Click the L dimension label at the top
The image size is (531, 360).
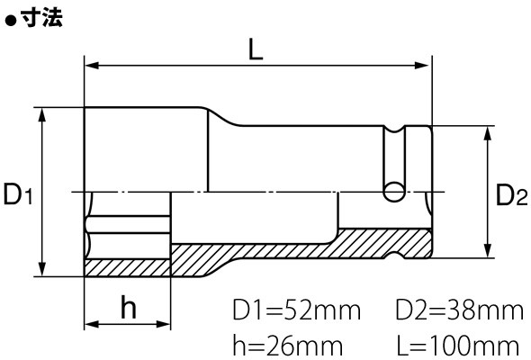click(256, 49)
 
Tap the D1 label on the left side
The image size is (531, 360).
click(18, 193)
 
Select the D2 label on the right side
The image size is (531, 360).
click(511, 194)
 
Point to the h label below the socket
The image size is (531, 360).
click(129, 307)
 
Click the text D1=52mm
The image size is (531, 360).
click(297, 310)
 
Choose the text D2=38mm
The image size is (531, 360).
click(459, 310)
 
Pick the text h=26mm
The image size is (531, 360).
click(288, 346)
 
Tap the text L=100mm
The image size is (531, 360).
click(457, 346)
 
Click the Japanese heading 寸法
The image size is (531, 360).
click(41, 18)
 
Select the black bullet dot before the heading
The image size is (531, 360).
click(11, 21)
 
